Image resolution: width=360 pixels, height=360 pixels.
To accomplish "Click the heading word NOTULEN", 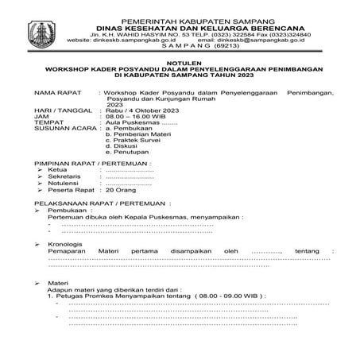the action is pyautogui.click(x=180, y=60).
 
